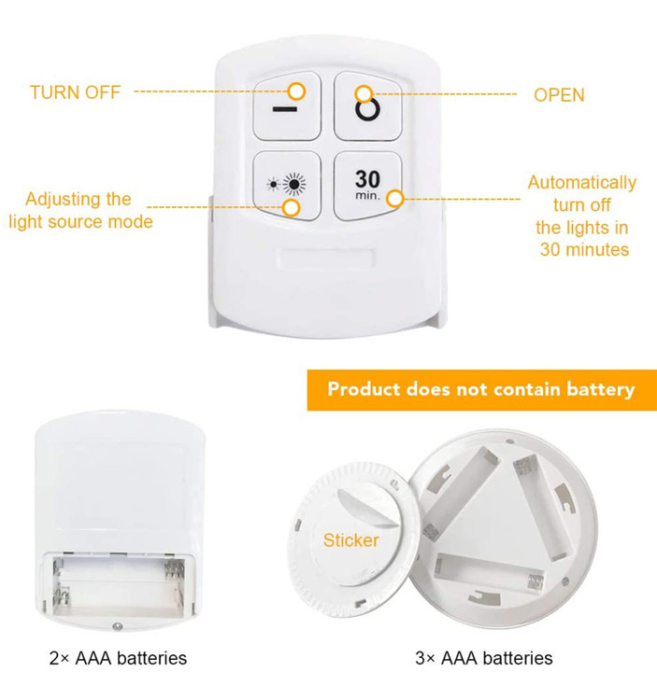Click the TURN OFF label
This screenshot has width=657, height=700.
click(x=75, y=92)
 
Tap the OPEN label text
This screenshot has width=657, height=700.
click(x=559, y=95)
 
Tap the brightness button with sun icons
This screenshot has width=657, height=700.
click(x=287, y=186)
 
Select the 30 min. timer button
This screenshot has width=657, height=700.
click(x=368, y=186)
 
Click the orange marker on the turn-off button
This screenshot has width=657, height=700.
click(x=296, y=91)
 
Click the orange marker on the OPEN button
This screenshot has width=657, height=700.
click(x=364, y=93)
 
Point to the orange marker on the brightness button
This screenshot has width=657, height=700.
click(x=292, y=207)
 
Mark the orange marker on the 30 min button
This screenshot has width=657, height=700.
click(x=394, y=199)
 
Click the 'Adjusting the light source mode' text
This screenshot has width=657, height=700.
click(x=80, y=210)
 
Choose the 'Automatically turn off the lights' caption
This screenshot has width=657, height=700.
click(x=582, y=217)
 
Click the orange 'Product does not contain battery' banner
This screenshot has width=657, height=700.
click(x=482, y=390)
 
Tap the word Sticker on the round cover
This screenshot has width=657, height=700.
click(x=350, y=540)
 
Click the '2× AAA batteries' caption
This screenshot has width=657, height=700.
click(x=118, y=658)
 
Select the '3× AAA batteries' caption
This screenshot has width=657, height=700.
click(x=483, y=658)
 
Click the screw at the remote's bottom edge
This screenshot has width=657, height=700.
click(x=118, y=626)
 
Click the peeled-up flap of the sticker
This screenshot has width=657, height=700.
click(x=367, y=508)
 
